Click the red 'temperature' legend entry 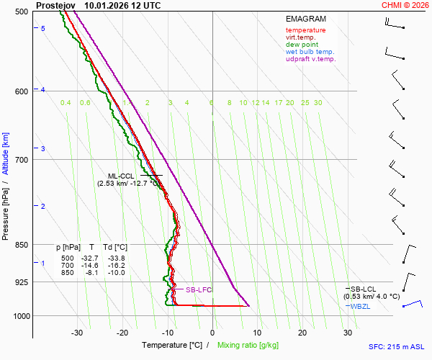[x=305, y=30]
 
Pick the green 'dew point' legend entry [x=303, y=45]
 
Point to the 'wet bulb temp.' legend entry [x=310, y=52]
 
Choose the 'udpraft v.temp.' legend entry [x=310, y=59]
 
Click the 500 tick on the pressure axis [x=21, y=12]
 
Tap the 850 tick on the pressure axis [x=21, y=245]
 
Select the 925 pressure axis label [x=21, y=282]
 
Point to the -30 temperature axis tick [x=78, y=333]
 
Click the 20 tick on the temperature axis [x=302, y=333]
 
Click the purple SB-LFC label [x=198, y=290]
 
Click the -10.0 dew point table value [x=115, y=273]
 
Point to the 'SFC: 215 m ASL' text [x=396, y=346]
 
